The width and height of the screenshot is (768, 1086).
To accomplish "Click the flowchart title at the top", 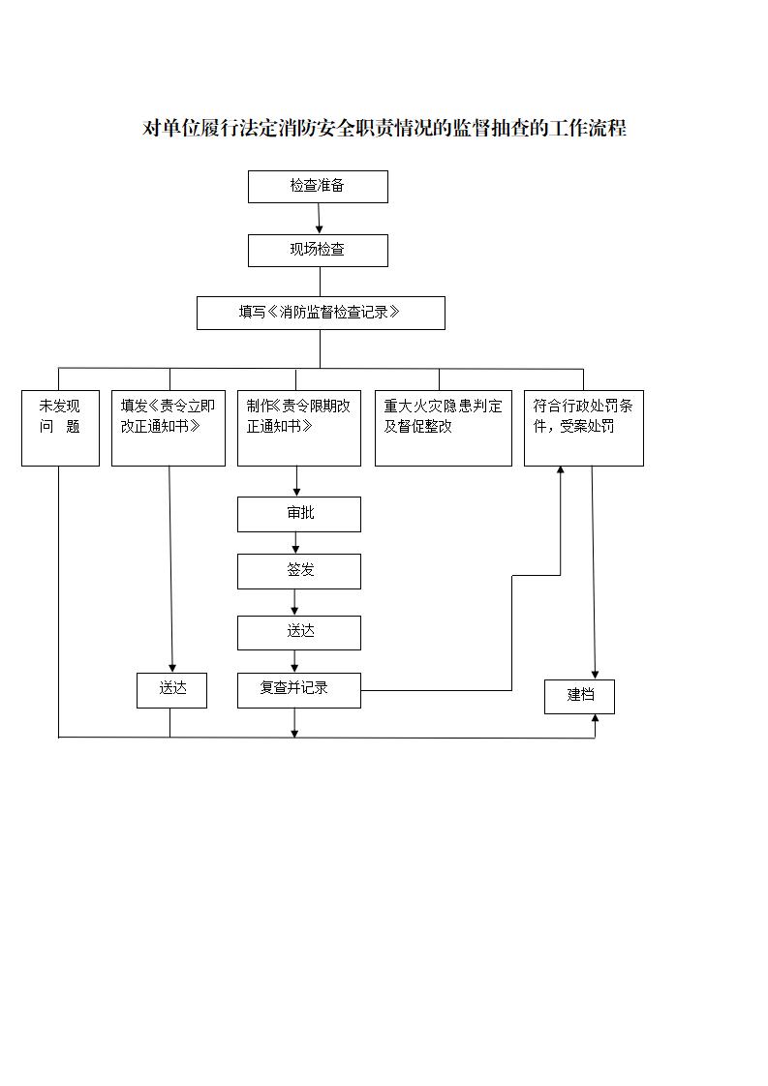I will pyautogui.click(x=384, y=129).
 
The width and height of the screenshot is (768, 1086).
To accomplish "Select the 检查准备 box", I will pyautogui.click(x=318, y=187).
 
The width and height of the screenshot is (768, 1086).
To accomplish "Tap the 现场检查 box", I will pyautogui.click(x=318, y=250).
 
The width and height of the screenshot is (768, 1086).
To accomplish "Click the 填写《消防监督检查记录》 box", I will pyautogui.click(x=321, y=313).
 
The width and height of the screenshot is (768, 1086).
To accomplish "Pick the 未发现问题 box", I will pyautogui.click(x=60, y=428).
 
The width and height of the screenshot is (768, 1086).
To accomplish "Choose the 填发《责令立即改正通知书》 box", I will pyautogui.click(x=169, y=428).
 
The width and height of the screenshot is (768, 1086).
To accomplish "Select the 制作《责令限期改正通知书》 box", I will pyautogui.click(x=298, y=428).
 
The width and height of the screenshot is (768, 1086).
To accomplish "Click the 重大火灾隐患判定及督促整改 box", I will pyautogui.click(x=443, y=428).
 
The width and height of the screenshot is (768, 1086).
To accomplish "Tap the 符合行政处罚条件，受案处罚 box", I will pyautogui.click(x=583, y=428).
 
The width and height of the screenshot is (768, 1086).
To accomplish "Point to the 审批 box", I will pyautogui.click(x=299, y=514).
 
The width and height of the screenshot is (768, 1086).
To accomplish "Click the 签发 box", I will pyautogui.click(x=299, y=571).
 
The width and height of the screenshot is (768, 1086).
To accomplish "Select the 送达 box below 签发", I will pyautogui.click(x=299, y=632).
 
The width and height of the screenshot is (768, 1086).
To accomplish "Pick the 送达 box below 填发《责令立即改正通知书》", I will pyautogui.click(x=171, y=690).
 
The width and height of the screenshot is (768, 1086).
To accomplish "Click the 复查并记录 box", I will pyautogui.click(x=299, y=690).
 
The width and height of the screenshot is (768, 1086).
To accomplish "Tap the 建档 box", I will pyautogui.click(x=579, y=696).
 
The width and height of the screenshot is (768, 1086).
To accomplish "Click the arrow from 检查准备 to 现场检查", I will pyautogui.click(x=319, y=219).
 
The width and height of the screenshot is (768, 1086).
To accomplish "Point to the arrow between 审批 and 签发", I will pyautogui.click(x=296, y=543).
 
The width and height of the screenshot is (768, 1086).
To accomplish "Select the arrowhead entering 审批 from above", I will pyautogui.click(x=296, y=492).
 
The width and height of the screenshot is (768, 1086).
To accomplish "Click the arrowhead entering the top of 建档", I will pyautogui.click(x=595, y=674).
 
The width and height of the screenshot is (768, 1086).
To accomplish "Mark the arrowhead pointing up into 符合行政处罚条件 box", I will pyautogui.click(x=560, y=471).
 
